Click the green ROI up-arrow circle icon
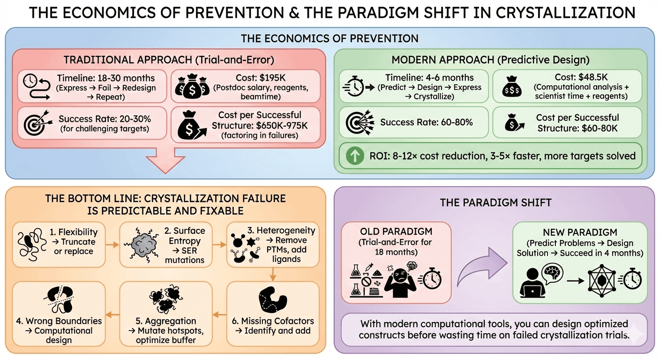click(355, 156)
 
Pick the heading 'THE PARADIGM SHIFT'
click(489, 202)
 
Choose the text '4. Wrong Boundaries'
click(59, 321)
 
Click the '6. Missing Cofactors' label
click(273, 321)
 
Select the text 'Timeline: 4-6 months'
click(429, 78)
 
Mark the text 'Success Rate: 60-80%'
click(427, 123)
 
